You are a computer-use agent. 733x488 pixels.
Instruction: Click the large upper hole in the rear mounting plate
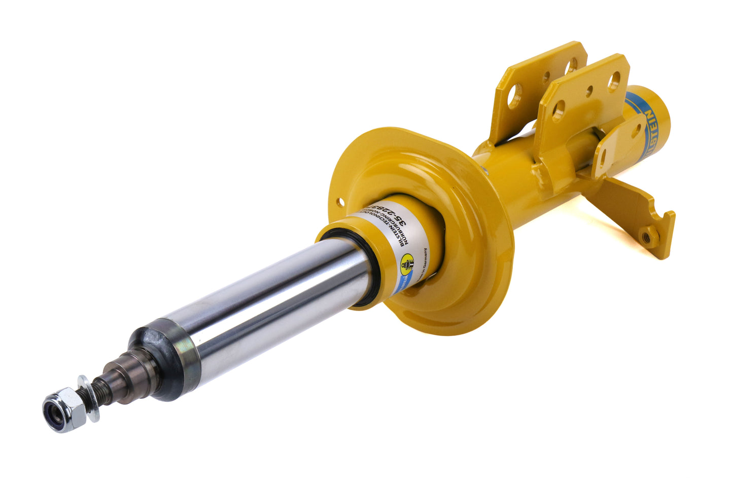pyautogui.click(x=572, y=63)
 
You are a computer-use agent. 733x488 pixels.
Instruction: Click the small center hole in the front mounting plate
pyautogui.click(x=589, y=93)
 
